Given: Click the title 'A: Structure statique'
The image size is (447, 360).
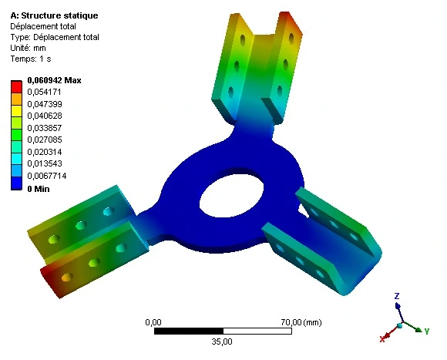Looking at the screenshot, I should tap(53, 15).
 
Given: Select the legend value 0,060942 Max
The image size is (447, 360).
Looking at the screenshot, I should tap(54, 80).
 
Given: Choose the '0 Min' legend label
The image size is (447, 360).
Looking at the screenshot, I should tap(39, 188).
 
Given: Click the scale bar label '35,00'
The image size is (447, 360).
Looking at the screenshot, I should tap(220, 341).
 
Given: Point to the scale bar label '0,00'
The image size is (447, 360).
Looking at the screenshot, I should tap(153, 321).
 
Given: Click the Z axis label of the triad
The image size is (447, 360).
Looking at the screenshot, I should tap(396, 296).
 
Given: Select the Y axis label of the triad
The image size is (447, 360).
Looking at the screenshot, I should tap(426, 331).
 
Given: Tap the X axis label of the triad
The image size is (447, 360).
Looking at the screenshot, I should tap(382, 338).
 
